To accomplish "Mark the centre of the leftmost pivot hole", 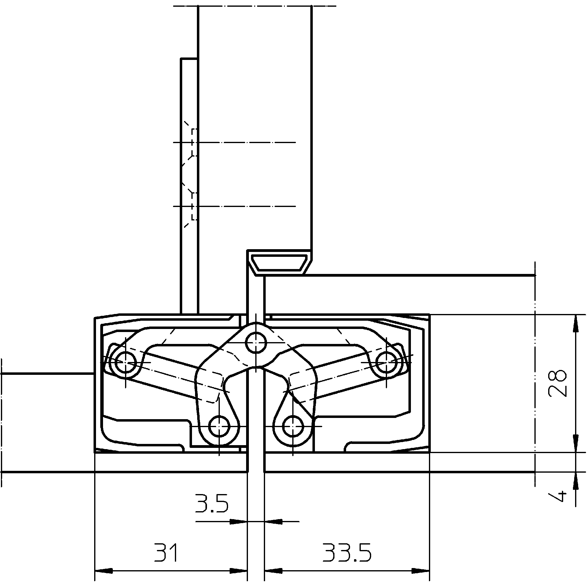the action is (x=125, y=362).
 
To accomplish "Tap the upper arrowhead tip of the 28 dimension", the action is (x=575, y=314).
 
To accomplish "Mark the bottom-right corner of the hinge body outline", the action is (x=430, y=452).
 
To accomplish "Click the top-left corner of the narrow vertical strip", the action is (x=181, y=58).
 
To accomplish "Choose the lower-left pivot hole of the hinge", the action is (x=219, y=426).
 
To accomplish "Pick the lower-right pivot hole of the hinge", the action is (x=293, y=426).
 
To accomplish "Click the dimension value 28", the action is (x=557, y=383).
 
